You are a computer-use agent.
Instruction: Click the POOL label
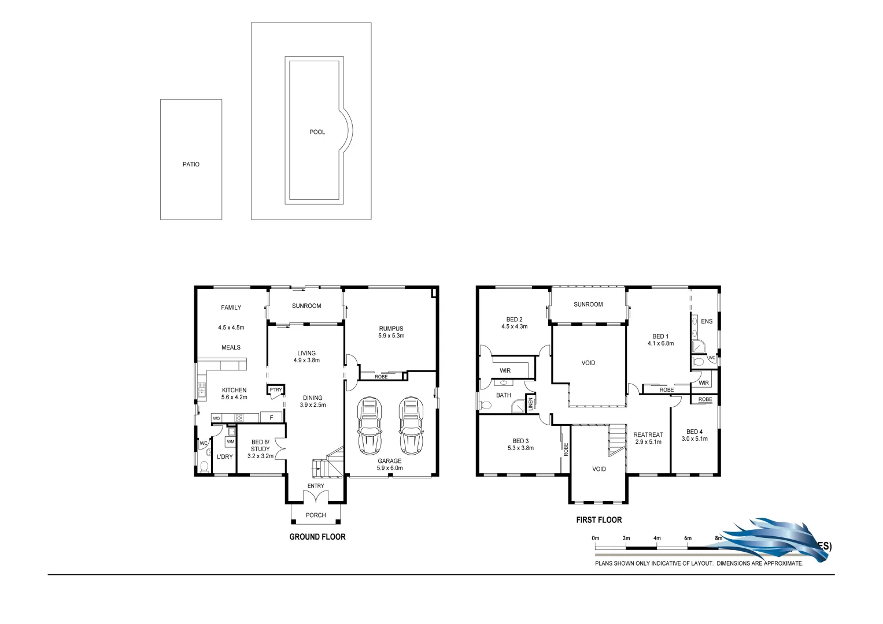tap(317, 132)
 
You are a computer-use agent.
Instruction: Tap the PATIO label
tap(191, 165)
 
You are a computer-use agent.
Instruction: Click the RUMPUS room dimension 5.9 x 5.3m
tap(391, 336)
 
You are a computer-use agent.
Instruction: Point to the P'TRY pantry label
tap(275, 389)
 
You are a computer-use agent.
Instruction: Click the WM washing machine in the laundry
tap(230, 442)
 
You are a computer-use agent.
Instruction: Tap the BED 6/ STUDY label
tap(260, 445)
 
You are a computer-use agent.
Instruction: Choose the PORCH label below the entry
tap(316, 515)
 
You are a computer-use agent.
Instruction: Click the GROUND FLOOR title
tap(317, 537)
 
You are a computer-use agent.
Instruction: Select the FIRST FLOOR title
tap(598, 520)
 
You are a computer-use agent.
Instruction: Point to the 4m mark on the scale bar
tap(657, 538)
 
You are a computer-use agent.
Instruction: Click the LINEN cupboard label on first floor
tap(530, 404)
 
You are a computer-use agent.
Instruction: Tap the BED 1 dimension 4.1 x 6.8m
tap(660, 343)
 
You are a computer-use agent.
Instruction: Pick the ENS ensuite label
tap(707, 321)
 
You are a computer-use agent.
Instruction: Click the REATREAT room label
tap(648, 435)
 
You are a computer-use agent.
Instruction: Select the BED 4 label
tap(694, 432)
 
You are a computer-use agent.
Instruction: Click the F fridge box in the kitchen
tap(271, 417)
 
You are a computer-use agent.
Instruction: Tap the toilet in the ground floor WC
tap(204, 467)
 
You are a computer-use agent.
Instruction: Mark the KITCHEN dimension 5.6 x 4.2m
tap(234, 398)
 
